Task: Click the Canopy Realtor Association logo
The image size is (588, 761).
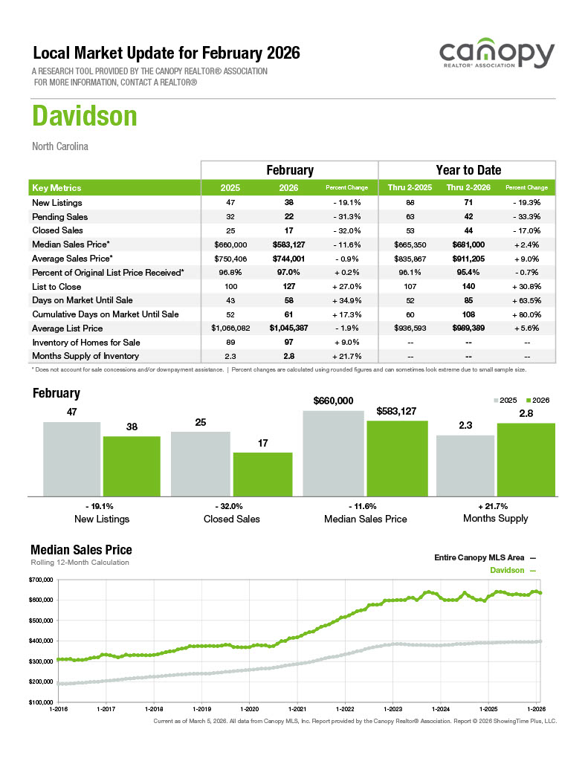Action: [x=496, y=56]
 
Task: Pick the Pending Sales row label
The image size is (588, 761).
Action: [x=60, y=217]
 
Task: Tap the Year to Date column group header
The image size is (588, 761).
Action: [x=468, y=170]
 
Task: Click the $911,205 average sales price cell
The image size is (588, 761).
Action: [x=468, y=259]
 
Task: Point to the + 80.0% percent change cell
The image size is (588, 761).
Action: [x=526, y=314]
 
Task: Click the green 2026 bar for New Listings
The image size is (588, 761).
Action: [x=132, y=465]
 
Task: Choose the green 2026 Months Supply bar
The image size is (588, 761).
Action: [x=526, y=459]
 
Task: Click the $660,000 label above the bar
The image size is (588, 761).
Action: [x=333, y=401]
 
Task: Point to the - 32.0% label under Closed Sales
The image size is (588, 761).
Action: [x=232, y=505]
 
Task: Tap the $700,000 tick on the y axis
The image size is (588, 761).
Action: [x=41, y=579]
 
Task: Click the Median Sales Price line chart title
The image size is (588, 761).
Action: [x=81, y=550]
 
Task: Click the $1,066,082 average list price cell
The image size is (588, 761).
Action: [x=230, y=328]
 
